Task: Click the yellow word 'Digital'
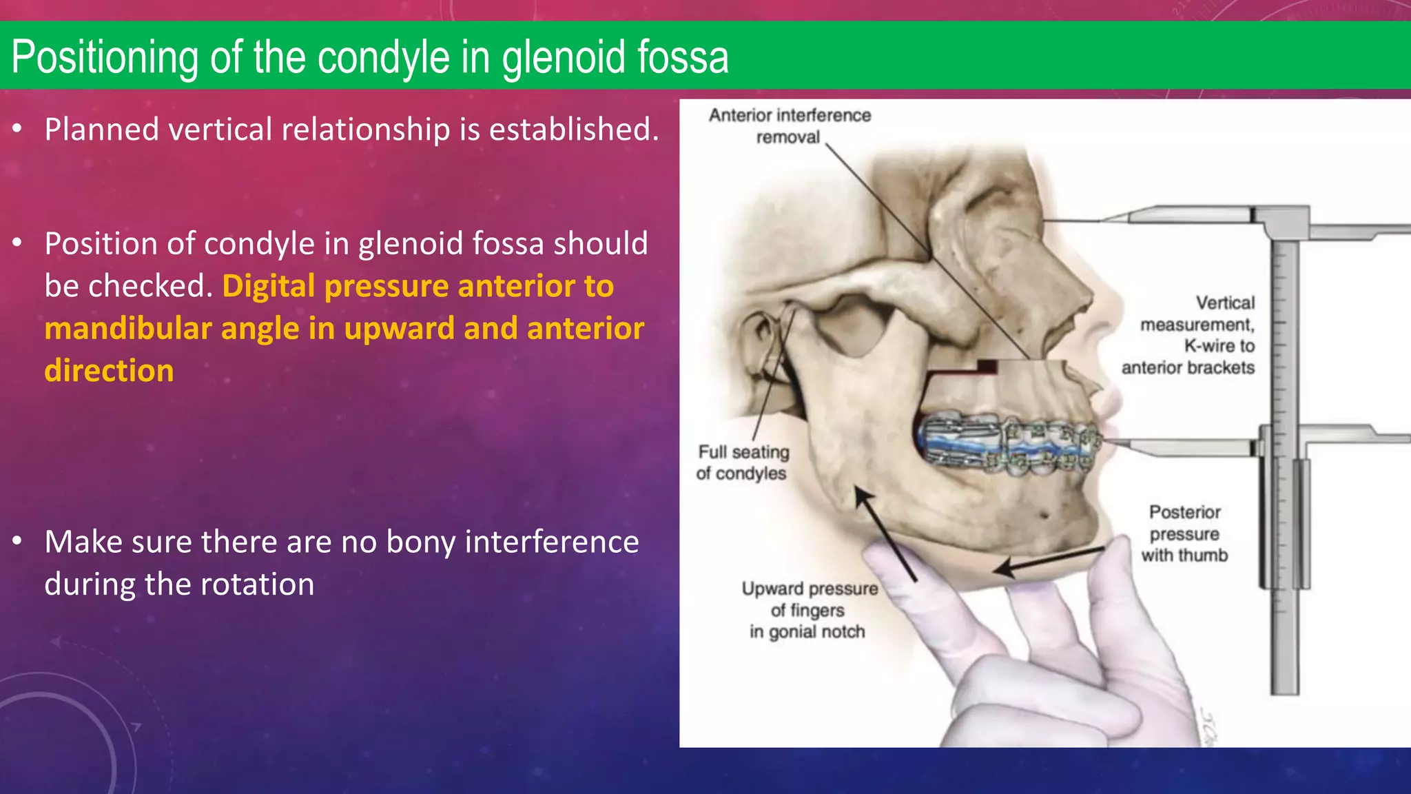(x=268, y=286)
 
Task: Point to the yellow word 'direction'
(x=109, y=371)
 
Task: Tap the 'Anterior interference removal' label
(x=790, y=126)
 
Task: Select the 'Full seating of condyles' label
(x=742, y=462)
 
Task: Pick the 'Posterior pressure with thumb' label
(x=1184, y=533)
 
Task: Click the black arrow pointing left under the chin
(x=1047, y=559)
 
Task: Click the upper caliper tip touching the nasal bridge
(x=1109, y=218)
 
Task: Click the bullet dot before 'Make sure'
(x=18, y=542)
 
